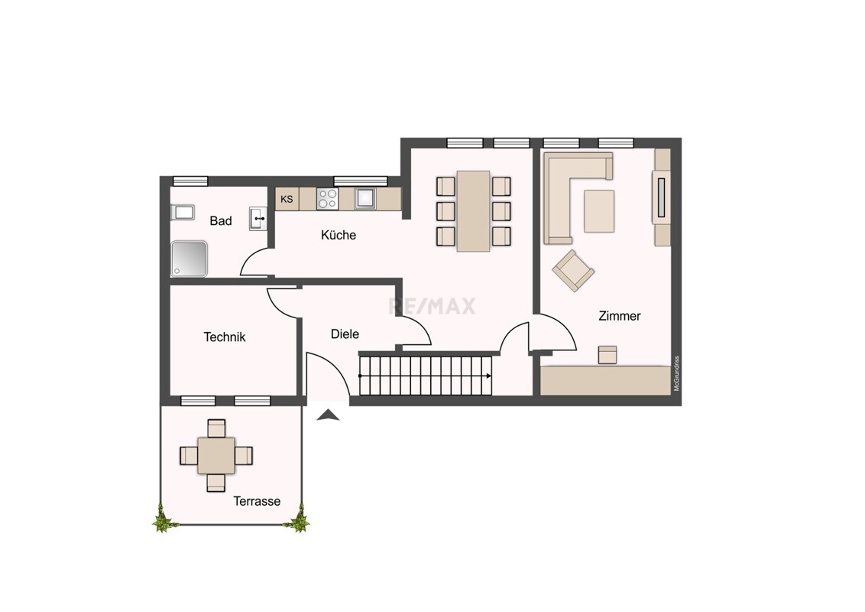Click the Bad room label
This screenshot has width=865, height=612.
(x=221, y=221)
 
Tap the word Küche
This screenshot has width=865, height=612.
(x=339, y=235)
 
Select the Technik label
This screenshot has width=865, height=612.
(x=225, y=337)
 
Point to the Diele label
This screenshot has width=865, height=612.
(x=345, y=334)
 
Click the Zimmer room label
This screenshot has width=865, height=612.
(x=620, y=316)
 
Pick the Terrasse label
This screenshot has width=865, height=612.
(x=257, y=501)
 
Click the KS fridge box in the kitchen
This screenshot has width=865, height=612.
(x=287, y=199)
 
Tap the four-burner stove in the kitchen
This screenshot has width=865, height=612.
(x=327, y=199)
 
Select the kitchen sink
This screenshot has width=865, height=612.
(x=364, y=199)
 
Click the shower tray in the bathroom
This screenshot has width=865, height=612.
(x=190, y=259)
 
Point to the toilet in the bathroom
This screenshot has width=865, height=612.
(x=183, y=212)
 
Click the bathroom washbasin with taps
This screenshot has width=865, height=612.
(x=258, y=219)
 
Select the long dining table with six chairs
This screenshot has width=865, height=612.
(x=473, y=211)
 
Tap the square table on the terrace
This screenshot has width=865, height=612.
(x=216, y=456)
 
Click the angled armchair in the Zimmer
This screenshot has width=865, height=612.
(x=574, y=271)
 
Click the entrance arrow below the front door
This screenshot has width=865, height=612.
(x=329, y=415)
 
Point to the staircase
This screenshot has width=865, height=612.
(x=426, y=376)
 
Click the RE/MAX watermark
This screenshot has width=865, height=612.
(x=432, y=306)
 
